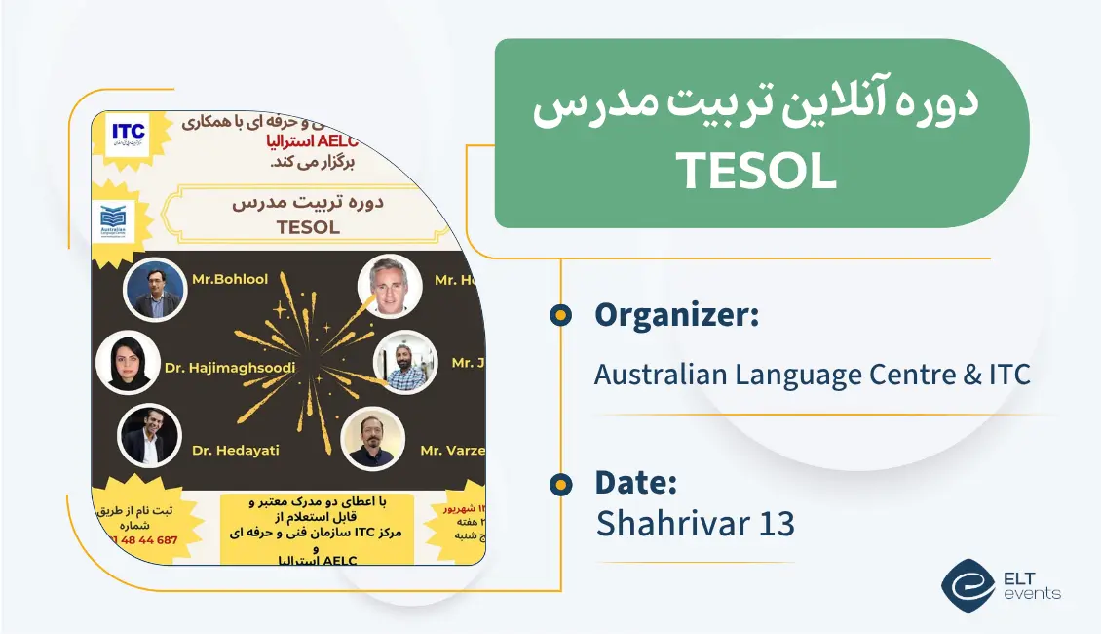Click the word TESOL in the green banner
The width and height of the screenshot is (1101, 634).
[757, 172]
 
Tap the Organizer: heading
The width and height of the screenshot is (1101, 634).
[676, 315]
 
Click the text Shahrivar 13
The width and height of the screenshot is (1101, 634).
[695, 524]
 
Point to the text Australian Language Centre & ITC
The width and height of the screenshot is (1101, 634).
[812, 374]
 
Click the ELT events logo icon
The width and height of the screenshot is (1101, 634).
[968, 585]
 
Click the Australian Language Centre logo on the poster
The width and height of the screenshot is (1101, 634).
[120, 222]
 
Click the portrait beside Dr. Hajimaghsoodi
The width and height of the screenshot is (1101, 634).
[128, 362]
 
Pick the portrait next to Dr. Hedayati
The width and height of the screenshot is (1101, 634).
[148, 436]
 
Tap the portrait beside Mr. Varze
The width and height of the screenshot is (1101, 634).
[371, 440]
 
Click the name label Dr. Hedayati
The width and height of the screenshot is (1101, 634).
[237, 450]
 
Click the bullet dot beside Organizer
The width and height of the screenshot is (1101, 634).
[560, 315]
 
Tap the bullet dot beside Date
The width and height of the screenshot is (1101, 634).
[560, 484]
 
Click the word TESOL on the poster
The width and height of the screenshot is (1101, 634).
[308, 228]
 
